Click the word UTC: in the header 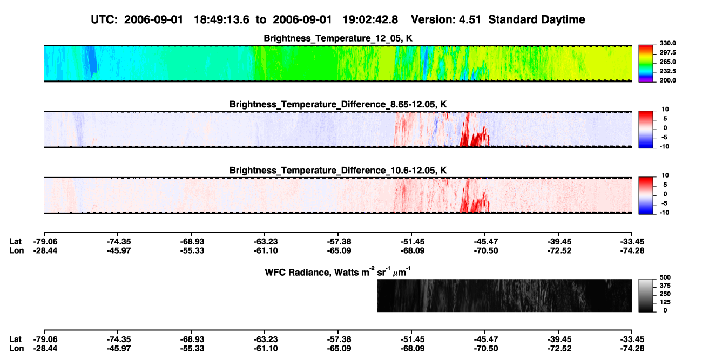coord(104,19)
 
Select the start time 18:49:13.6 coord(221,19)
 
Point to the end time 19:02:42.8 coord(370,19)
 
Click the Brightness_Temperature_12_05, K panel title coord(338,38)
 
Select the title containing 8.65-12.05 coord(338,104)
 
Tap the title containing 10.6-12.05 coord(338,171)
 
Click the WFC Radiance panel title coord(338,271)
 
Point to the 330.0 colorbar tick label coord(667,43)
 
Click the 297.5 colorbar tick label coord(667,52)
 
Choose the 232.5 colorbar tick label coord(667,71)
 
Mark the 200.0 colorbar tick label coord(667,80)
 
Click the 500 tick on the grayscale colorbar coord(665,277)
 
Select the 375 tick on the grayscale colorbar coord(665,286)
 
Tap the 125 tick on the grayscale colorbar coord(665,302)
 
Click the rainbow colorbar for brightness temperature coord(646,64)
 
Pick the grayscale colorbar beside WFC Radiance coord(646,295)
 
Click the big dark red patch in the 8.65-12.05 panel coord(475,138)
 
